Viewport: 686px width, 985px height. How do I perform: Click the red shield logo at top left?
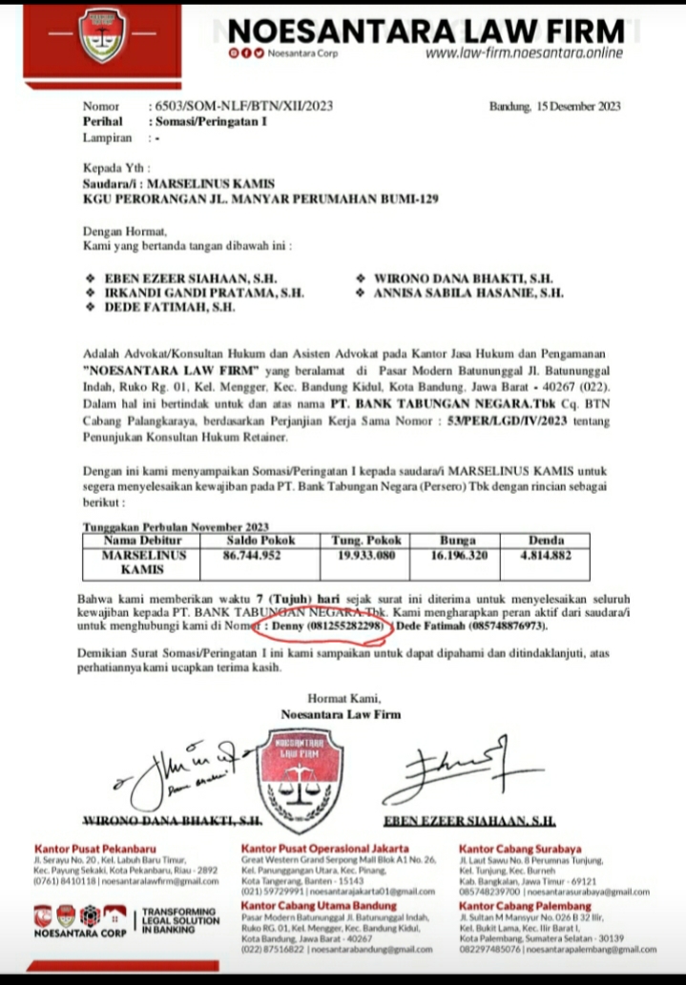coord(102,37)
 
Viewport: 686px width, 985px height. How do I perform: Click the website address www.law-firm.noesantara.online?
coord(524,52)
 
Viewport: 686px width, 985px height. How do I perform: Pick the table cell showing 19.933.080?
coord(367,554)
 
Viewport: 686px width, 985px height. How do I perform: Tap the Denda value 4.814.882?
coord(545,554)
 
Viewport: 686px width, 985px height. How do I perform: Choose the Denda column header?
coord(545,540)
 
